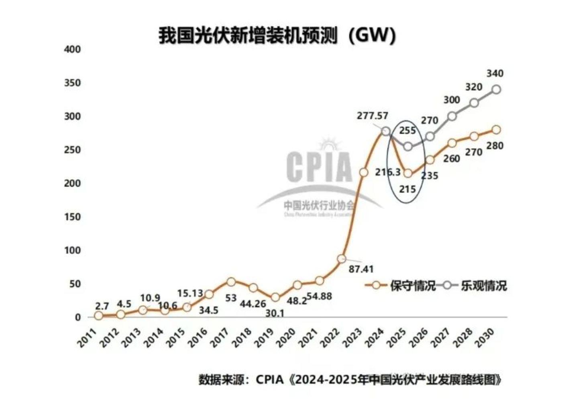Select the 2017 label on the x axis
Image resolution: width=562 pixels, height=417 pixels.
pos(220,337)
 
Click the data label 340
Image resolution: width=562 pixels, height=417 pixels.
pos(495,74)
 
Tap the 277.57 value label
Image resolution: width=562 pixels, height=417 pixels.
pos(373,116)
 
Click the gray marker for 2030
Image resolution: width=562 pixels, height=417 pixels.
pos(496,90)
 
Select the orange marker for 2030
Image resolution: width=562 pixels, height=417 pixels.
pos(496,129)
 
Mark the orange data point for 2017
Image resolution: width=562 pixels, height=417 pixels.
pos(231,282)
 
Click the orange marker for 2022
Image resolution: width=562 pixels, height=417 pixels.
pos(342,259)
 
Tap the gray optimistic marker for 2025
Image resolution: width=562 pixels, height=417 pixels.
pos(408,147)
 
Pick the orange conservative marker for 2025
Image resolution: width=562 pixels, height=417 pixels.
pos(408,174)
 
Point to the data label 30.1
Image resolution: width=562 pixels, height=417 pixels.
pos(275,313)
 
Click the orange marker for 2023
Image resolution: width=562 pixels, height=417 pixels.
pos(364,172)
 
